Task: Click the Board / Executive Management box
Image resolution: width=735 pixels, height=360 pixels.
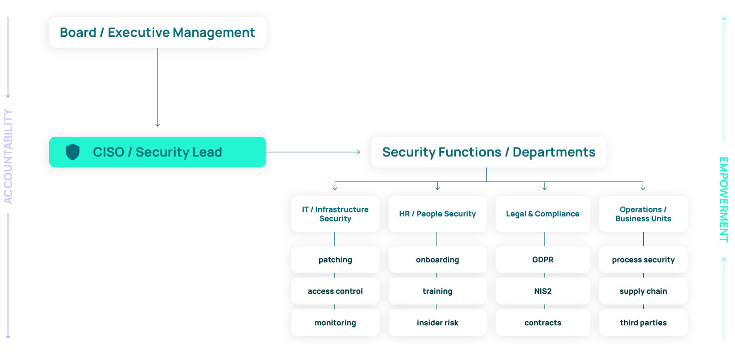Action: (x=157, y=33)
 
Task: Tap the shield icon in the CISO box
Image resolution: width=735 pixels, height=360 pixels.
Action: (x=73, y=152)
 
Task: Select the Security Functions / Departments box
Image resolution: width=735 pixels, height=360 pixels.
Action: (x=488, y=152)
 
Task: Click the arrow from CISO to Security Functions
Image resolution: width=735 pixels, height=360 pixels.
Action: (x=313, y=152)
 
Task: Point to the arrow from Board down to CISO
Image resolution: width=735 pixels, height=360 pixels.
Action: (x=157, y=88)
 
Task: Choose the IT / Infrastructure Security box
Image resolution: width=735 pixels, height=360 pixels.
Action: (x=335, y=214)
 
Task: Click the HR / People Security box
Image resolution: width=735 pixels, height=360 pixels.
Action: (x=437, y=214)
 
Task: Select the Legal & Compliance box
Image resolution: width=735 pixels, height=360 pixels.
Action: (x=543, y=214)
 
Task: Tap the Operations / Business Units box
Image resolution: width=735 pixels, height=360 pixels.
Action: (x=643, y=214)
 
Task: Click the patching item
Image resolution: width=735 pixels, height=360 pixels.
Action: (x=335, y=260)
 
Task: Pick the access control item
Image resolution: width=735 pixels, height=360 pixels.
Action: (x=335, y=291)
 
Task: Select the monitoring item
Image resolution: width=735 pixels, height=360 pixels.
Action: (x=335, y=323)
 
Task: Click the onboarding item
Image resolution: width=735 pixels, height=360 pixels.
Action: (x=437, y=260)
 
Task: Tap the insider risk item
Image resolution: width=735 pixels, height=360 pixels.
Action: (x=437, y=323)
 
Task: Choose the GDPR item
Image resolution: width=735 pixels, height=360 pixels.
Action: (x=543, y=260)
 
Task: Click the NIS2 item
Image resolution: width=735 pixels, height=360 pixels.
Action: (x=543, y=291)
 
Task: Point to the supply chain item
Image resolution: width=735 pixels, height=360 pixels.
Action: (x=643, y=291)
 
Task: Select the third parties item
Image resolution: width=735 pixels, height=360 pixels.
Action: (x=643, y=323)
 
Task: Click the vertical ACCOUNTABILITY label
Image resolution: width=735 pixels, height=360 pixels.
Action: (x=8, y=156)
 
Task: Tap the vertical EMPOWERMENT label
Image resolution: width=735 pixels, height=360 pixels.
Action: (x=723, y=199)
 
